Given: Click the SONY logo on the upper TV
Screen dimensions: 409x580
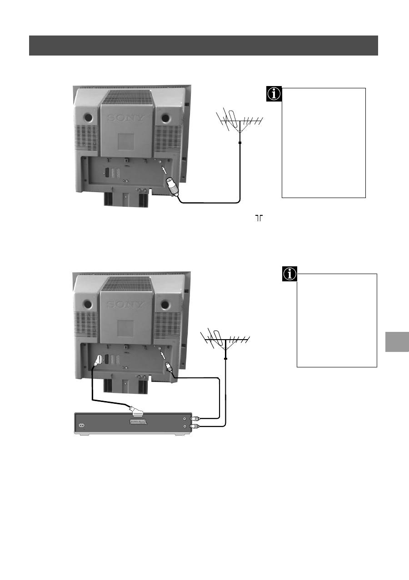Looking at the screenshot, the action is click(x=126, y=118).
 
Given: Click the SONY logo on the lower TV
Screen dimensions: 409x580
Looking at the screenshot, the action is click(x=126, y=305).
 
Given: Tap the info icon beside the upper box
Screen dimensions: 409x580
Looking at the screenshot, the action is click(x=274, y=94).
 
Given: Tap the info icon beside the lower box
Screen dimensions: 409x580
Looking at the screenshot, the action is click(x=289, y=274).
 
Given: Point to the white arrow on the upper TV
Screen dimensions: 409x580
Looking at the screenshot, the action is click(x=164, y=170).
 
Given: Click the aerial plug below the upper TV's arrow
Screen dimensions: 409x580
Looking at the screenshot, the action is click(x=172, y=187).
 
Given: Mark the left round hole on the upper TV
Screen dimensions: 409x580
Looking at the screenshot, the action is click(x=88, y=118).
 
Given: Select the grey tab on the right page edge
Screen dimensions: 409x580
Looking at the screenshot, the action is click(x=397, y=341).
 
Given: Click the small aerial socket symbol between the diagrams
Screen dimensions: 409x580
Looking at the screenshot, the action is click(x=259, y=218).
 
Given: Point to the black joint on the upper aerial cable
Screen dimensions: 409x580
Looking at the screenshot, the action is click(x=240, y=142).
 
